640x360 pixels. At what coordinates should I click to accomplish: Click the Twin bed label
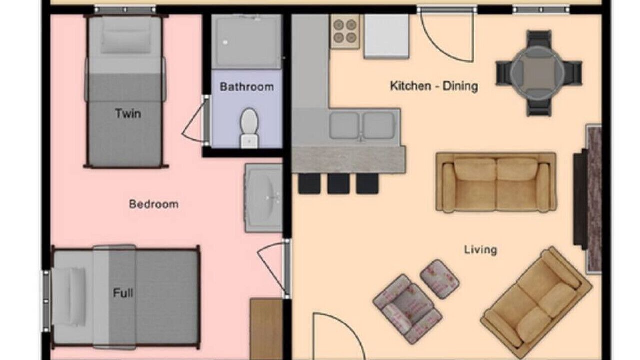pyautogui.click(x=128, y=113)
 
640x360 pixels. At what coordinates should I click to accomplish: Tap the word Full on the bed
pyautogui.click(x=123, y=293)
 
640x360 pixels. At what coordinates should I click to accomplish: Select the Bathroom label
pyautogui.click(x=247, y=87)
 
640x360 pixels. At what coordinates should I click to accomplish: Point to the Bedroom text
pyautogui.click(x=154, y=204)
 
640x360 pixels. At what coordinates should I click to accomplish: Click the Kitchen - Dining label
pyautogui.click(x=434, y=86)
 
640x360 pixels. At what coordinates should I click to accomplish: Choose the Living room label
pyautogui.click(x=481, y=250)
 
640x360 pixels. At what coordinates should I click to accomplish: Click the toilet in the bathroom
pyautogui.click(x=249, y=128)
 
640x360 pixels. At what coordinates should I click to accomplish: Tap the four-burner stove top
pyautogui.click(x=345, y=31)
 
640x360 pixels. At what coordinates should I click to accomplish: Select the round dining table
pyautogui.click(x=538, y=73)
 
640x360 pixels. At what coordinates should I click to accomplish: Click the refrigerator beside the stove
pyautogui.click(x=386, y=36)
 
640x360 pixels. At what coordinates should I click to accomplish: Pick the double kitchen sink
pyautogui.click(x=362, y=125)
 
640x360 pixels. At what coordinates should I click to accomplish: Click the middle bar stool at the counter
pyautogui.click(x=338, y=183)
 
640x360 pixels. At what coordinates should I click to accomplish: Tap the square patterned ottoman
pyautogui.click(x=439, y=279)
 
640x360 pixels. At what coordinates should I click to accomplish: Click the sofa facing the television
pyautogui.click(x=496, y=182)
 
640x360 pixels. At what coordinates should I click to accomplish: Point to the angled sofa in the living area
pyautogui.click(x=536, y=302)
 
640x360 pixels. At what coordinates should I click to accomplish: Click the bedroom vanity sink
pyautogui.click(x=264, y=198)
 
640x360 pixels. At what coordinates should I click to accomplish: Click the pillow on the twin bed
pyautogui.click(x=126, y=36)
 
